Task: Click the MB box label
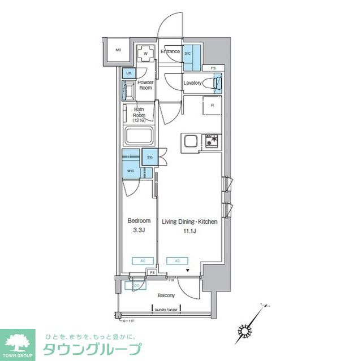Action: coord(119,50)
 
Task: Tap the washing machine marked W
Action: coord(145,54)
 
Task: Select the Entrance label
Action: coord(170,52)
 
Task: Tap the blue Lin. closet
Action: coord(128,73)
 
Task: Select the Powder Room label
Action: coord(146,85)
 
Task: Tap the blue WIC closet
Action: coord(131,169)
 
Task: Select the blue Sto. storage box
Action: coord(150,156)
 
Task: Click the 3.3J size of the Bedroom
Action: coord(139,230)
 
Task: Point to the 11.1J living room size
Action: coord(190,230)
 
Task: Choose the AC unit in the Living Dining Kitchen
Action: coord(177,260)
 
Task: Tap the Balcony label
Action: coord(166,295)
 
